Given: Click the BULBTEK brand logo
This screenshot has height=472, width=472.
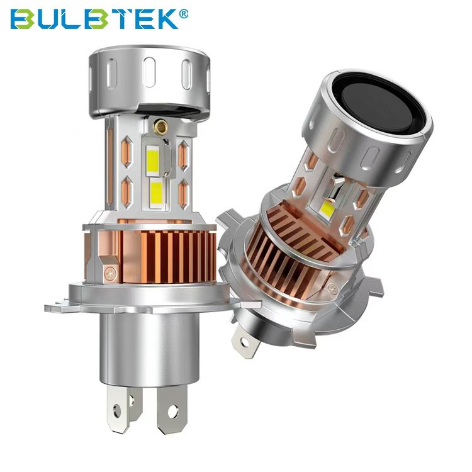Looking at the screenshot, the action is [99, 19].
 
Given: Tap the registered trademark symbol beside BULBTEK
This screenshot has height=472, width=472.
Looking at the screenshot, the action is [184, 14].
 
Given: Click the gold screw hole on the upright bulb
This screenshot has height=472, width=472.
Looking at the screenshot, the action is [160, 126].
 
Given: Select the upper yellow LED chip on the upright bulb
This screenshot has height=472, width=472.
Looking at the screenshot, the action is [153, 159].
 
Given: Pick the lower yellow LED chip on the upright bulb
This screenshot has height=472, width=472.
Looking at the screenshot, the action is [156, 193].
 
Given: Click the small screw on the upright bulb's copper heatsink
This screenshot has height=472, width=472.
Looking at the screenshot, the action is [111, 273].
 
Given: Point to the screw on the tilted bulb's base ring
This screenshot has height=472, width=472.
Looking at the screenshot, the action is [333, 289].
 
